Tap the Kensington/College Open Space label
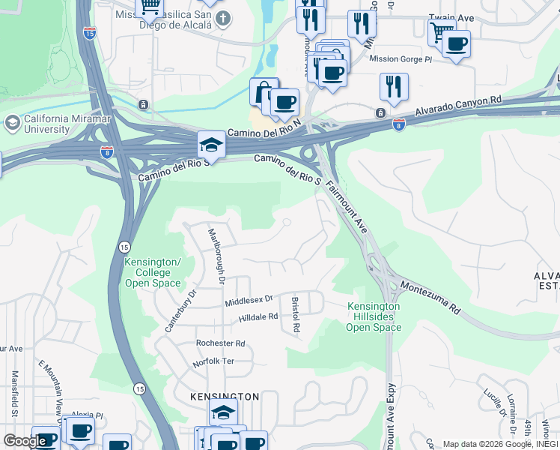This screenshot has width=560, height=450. click(x=153, y=272)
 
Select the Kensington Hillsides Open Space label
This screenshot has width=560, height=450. click(x=374, y=317)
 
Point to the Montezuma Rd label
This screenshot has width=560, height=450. click(x=428, y=294)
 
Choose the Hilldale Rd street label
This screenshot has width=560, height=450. click(x=258, y=317)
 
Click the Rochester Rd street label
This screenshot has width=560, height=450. click(x=220, y=343)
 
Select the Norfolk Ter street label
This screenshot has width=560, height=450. click(x=213, y=361)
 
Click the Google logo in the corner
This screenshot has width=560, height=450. click(x=25, y=441)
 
